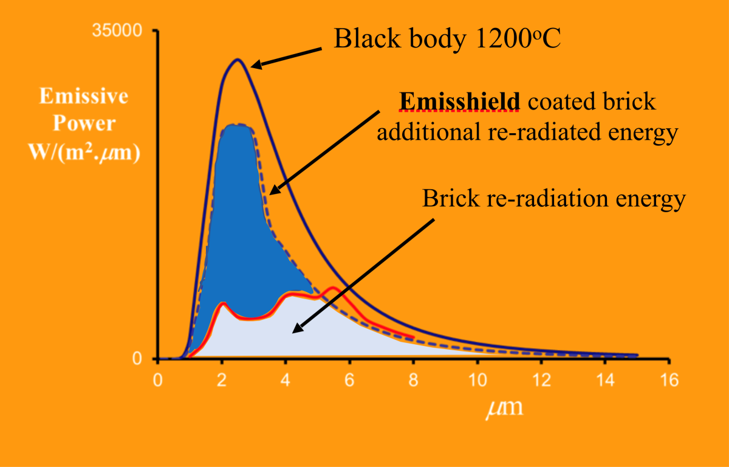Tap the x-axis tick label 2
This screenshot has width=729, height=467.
pos(222,380)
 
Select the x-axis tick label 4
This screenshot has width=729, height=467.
pos(286,380)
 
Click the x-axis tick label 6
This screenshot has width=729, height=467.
pos(349,380)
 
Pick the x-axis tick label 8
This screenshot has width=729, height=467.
pos(413,380)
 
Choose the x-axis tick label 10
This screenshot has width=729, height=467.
pos(477,380)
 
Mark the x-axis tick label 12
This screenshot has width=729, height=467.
pos(541,380)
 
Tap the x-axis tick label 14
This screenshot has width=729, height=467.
pos(604,380)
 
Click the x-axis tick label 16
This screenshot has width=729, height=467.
pos(668,380)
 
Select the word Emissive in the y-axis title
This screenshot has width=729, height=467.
pos(84,96)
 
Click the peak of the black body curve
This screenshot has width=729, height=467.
pos(238,60)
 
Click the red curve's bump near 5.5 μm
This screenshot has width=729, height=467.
pos(332,288)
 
